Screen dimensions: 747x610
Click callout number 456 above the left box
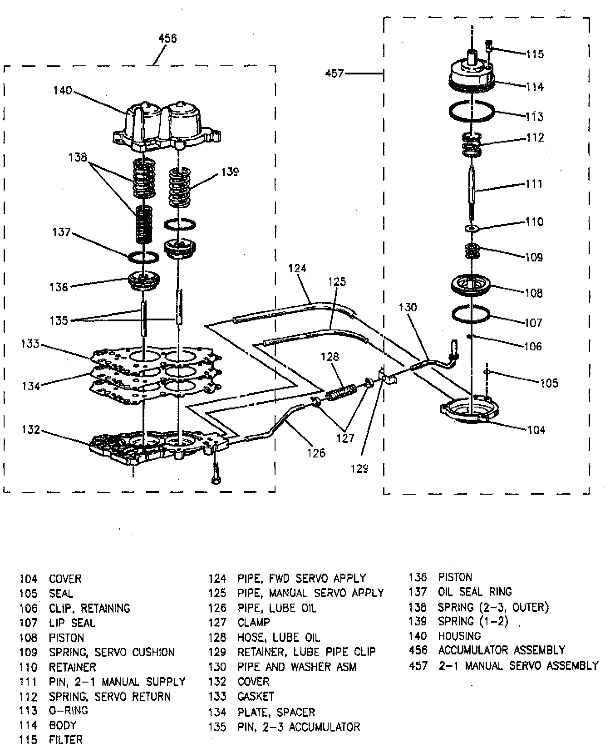click(x=167, y=39)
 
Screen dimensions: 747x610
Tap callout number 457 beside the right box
click(x=335, y=73)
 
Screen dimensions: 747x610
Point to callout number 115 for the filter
click(x=535, y=54)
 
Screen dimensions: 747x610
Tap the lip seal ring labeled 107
click(x=471, y=314)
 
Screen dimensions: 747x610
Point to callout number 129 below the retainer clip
click(x=359, y=469)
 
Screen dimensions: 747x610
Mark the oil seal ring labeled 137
click(x=143, y=258)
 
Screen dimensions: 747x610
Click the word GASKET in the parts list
click(x=256, y=696)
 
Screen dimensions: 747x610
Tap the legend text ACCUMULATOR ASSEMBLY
click(x=502, y=650)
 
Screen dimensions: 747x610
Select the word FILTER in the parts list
click(x=66, y=740)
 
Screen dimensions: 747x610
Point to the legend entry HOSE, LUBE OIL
click(x=279, y=637)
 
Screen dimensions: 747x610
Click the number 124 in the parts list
click(x=217, y=579)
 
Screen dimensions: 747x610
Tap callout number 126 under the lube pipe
click(x=316, y=452)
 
